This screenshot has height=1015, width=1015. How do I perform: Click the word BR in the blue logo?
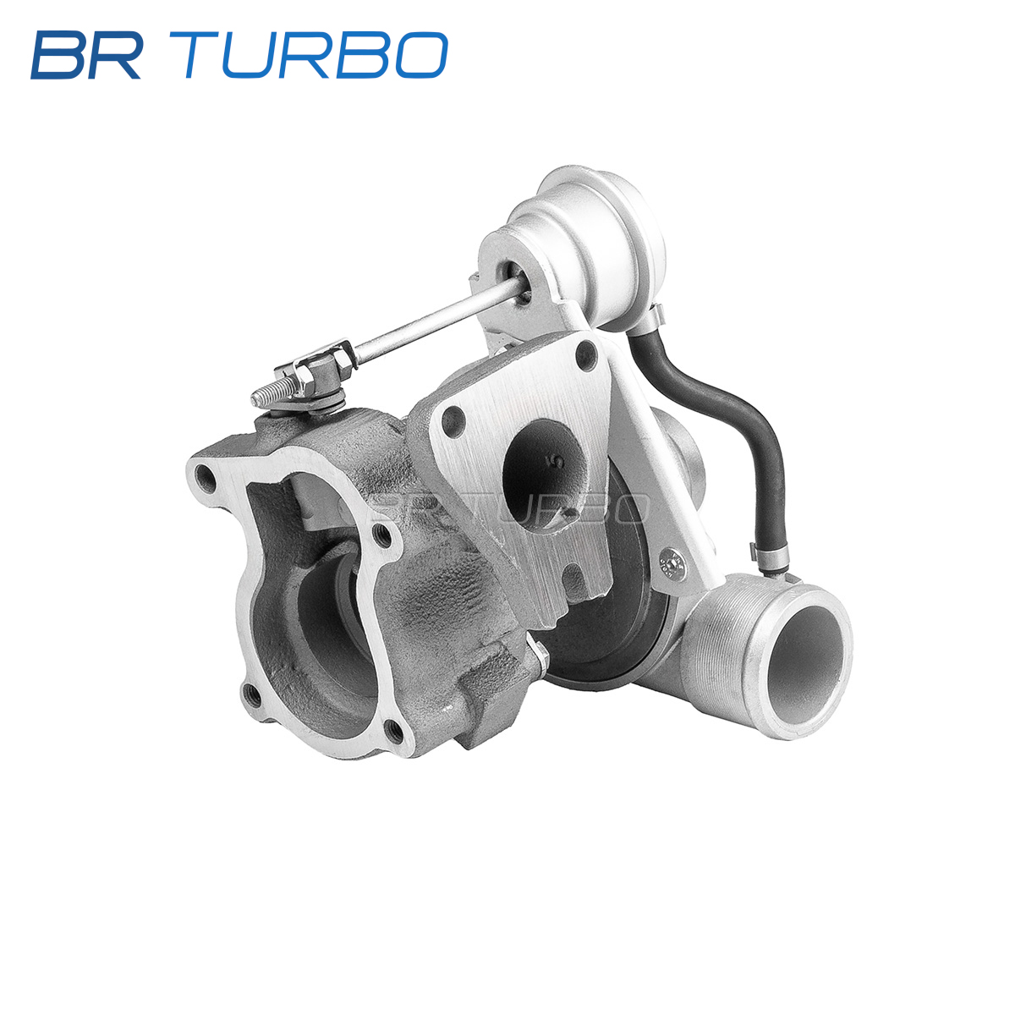pos(86,55)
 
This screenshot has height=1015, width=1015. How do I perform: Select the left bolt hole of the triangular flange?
pos(453,421)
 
